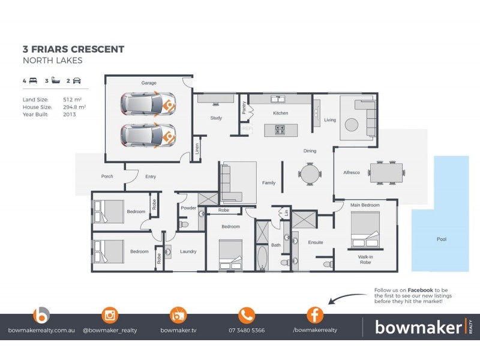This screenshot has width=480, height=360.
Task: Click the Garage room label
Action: click(148, 83)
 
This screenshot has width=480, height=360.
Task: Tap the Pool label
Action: click(441, 239)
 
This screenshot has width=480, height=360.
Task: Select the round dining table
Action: click(310, 174)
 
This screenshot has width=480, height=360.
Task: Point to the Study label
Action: click(216, 118)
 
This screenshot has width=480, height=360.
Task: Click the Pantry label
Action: click(244, 108)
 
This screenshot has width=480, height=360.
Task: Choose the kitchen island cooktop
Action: click(280, 128)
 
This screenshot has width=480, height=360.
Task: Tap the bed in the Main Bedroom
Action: click(365, 230)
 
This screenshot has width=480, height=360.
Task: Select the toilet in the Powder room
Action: click(185, 224)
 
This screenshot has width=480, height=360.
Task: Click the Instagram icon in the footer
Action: click(110, 315)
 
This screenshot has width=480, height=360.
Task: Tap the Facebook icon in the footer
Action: click(315, 315)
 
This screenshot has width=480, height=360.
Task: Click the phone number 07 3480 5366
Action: click(247, 330)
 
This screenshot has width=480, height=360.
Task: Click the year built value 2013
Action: click(69, 113)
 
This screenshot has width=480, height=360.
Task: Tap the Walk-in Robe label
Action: click(365, 260)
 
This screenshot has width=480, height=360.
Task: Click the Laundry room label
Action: click(188, 251)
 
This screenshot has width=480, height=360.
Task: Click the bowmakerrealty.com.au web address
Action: click(41, 330)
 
